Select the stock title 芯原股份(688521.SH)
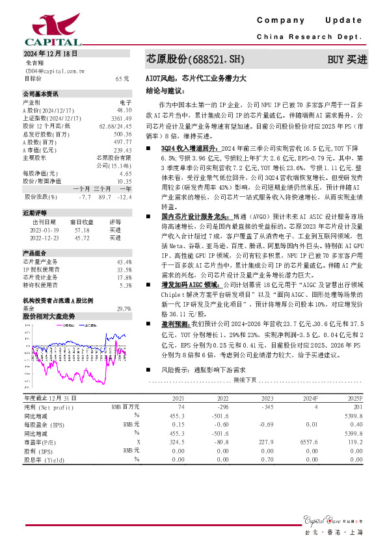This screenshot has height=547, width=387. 194,59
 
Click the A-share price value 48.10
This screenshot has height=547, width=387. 124,110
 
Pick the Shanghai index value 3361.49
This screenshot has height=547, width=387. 122,119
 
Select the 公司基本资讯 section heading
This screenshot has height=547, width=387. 40,94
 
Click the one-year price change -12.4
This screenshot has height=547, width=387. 125,196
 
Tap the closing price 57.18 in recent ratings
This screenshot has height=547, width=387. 82,230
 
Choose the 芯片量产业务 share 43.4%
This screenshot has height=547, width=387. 124,262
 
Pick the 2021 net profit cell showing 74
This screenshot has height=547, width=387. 181,406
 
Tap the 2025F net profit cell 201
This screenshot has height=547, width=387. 356,406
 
